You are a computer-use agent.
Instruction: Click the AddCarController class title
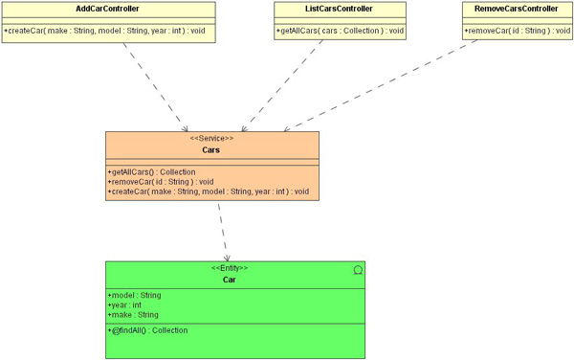[107, 9]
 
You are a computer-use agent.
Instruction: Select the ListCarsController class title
[339, 9]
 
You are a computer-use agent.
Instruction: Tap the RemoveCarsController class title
[517, 9]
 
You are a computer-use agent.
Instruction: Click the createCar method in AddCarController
[104, 31]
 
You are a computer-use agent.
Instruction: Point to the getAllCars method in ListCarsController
[340, 31]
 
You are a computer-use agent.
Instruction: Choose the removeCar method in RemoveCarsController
[517, 31]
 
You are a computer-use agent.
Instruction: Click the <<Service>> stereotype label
[211, 139]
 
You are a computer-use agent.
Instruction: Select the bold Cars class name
[210, 150]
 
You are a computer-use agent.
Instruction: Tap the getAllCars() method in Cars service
[151, 172]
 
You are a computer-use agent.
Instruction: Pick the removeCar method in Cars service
[161, 182]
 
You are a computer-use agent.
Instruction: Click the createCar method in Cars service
[209, 191]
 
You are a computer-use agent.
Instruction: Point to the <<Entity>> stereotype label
[230, 268]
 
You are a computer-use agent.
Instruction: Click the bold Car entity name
[230, 280]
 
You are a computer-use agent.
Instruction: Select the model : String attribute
[134, 295]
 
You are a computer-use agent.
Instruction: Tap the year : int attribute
[124, 305]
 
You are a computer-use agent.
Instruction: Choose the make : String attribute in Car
[133, 315]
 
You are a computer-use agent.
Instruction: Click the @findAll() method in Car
[147, 330]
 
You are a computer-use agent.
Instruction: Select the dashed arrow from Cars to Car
[223, 233]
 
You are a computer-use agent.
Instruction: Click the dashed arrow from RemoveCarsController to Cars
[381, 85]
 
